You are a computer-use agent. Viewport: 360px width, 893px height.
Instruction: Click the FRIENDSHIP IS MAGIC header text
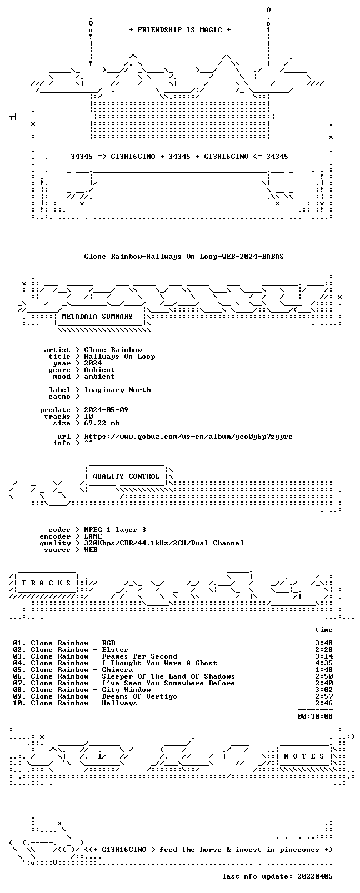180,30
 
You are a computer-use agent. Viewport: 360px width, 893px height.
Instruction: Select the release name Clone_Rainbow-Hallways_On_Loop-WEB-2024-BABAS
184,257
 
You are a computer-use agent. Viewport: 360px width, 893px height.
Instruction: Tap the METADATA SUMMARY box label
97,317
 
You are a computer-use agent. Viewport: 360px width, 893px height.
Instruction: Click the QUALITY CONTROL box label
126,476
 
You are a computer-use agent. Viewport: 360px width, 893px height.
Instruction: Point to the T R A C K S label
46,583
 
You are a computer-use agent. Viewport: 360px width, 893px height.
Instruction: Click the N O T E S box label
304,756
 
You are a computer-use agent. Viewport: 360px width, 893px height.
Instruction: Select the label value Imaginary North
118,390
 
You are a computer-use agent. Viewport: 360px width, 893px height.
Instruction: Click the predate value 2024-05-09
106,410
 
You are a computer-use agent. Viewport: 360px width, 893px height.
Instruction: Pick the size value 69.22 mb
102,423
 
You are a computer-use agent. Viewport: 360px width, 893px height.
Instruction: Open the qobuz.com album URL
188,437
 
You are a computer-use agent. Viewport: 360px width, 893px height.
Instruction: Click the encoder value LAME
93,536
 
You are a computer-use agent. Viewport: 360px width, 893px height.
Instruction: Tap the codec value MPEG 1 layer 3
115,530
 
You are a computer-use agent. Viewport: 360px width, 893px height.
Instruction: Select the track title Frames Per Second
139,656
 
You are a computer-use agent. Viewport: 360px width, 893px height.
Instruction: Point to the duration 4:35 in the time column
324,663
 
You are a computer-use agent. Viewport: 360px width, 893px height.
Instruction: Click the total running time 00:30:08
315,716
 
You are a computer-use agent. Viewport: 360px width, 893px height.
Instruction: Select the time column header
324,630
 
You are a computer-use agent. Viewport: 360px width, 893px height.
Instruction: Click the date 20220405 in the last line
315,876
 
